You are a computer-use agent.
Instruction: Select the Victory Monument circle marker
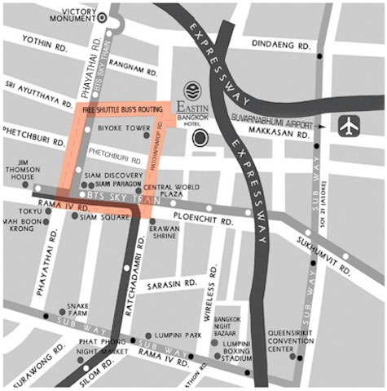[103, 16]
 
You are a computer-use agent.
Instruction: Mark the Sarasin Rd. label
[169, 288]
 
